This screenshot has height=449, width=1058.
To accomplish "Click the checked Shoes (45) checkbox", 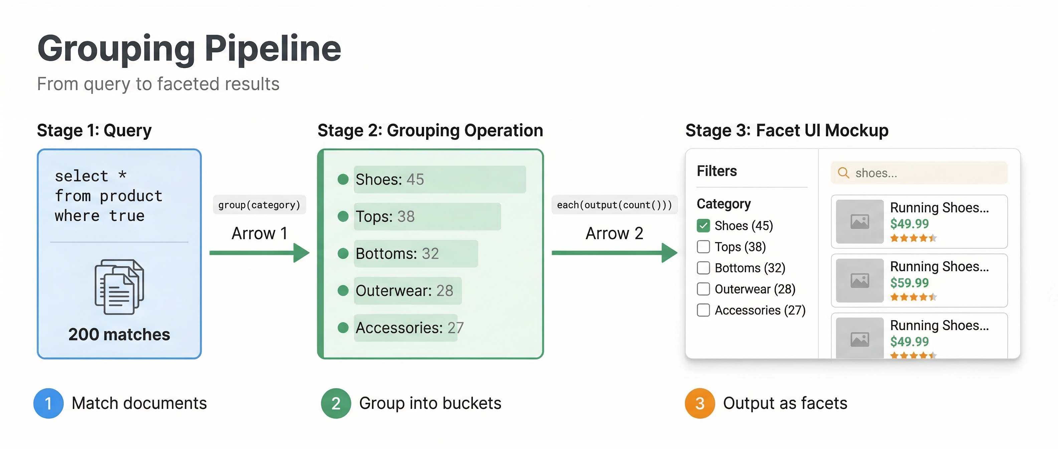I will pos(703,226).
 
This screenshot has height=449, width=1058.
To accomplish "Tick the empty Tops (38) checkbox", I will pos(703,247).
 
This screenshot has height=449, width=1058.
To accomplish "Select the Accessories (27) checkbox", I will pos(703,310).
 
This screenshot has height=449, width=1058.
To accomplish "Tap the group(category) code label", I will pos(259,204).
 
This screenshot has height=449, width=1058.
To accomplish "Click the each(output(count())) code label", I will pos(614,204).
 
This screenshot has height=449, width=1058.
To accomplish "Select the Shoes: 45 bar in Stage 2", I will pos(439,179).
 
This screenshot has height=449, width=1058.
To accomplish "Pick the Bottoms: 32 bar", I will pos(416,254).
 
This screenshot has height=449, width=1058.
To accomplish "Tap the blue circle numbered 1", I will pos(48,404).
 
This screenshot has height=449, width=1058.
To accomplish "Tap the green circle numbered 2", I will pos(336,404).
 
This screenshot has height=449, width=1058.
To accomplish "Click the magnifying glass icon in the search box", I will pos(843,173).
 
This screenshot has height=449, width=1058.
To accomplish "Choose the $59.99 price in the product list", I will pos(909,283).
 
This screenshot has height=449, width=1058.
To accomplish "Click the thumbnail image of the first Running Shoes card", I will pos(860,222).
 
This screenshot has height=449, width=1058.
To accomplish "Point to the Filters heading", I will pos(717,171).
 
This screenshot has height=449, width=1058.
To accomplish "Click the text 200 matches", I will pos(119,334).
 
